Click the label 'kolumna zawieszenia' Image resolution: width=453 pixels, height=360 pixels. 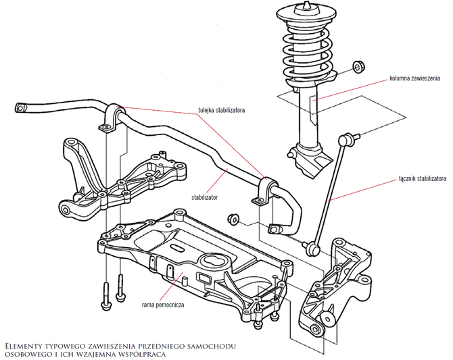pos(414,78)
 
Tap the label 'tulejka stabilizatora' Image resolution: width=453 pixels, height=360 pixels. pos(221,109)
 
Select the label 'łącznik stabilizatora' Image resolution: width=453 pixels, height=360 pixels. pos(421,179)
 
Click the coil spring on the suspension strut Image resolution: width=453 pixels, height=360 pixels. pos(307,51)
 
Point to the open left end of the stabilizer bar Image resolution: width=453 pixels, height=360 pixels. pos(21,106)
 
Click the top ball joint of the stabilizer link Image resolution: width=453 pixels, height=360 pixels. pos(348,140)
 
